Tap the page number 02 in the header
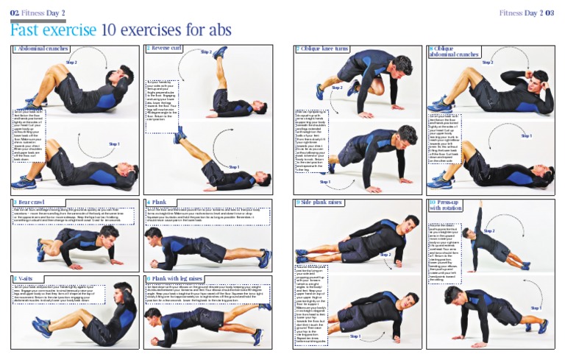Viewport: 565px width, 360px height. click(14, 13)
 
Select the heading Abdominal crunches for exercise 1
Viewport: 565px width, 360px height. click(42, 49)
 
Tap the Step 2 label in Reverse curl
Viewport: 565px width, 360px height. click(206, 52)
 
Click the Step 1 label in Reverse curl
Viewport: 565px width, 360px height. click(233, 167)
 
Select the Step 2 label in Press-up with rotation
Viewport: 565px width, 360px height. click(488, 230)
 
